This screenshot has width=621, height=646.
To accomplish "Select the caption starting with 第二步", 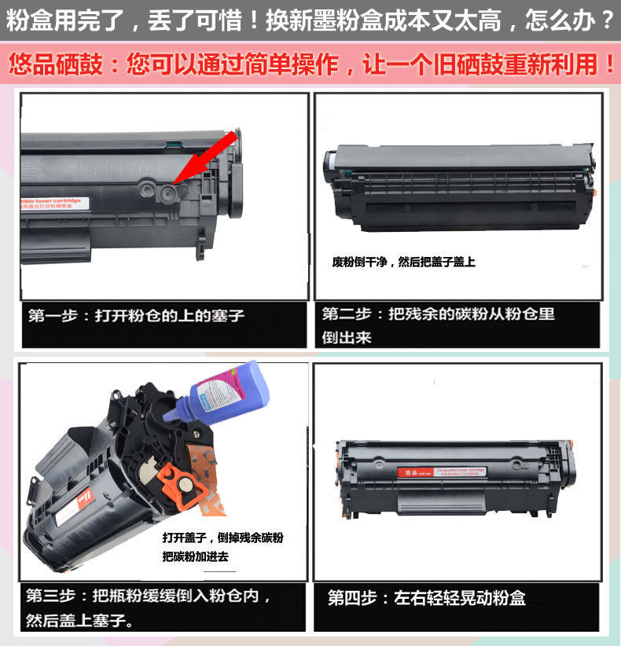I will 438,314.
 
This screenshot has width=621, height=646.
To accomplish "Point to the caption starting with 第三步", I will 149,596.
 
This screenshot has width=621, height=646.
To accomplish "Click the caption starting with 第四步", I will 426,598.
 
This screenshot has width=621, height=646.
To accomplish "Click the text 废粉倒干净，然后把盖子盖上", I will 403,262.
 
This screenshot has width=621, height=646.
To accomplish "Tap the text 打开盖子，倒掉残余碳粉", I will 222,538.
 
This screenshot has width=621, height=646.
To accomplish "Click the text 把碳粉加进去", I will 195,556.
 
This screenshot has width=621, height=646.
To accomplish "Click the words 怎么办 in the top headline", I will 572,19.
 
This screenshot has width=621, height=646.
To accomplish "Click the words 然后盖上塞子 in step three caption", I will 79,620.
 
